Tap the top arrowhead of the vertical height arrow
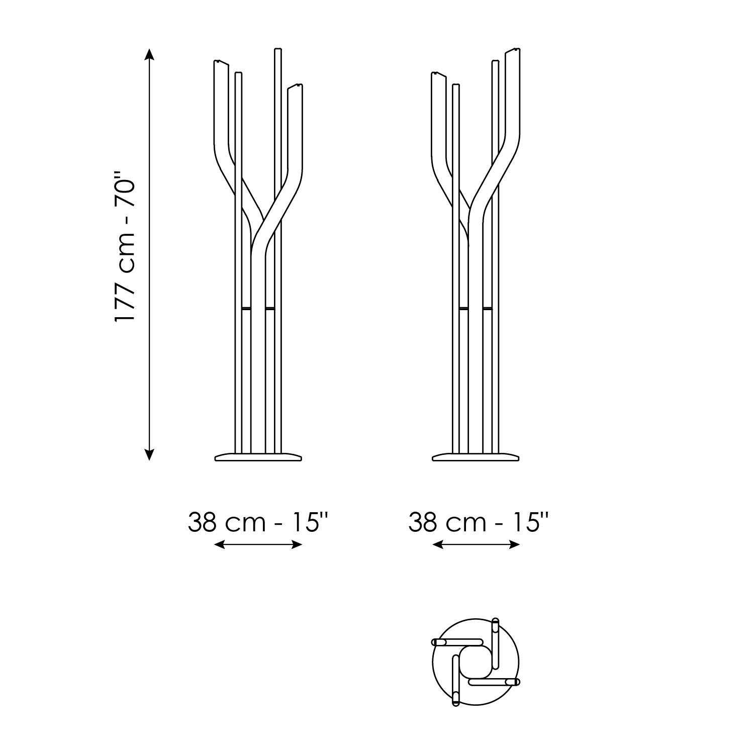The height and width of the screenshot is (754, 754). pos(149,53)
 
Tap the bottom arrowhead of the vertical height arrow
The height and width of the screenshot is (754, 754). pos(149,455)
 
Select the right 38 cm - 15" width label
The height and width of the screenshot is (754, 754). pos(478,522)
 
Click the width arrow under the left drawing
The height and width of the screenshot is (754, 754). pos(258,544)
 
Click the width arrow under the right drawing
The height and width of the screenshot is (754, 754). pos(476,544)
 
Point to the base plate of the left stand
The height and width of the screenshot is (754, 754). pos(258,457)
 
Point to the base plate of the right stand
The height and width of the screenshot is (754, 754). pos(476,457)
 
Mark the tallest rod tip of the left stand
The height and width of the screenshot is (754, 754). pos(277,49)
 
